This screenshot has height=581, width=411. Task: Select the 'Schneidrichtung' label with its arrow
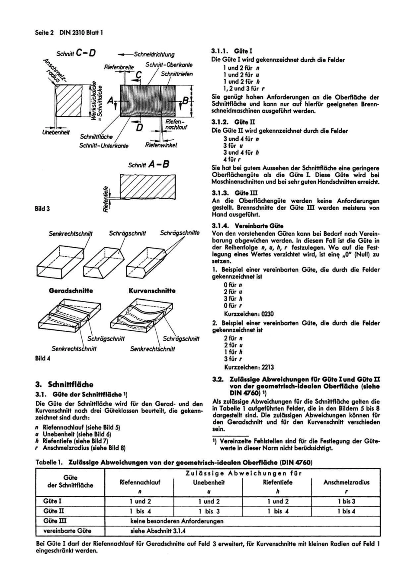(x=150, y=54)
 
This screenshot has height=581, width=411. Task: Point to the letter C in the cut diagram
(x=139, y=74)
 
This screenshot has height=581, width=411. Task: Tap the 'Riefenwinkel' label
(x=161, y=146)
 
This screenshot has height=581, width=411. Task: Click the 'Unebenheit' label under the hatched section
(x=55, y=132)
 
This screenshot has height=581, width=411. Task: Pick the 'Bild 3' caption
(x=42, y=209)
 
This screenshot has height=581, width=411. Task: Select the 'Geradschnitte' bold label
(x=71, y=291)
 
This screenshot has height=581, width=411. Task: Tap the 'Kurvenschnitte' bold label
(x=152, y=291)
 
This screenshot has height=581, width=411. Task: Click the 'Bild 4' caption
(x=42, y=358)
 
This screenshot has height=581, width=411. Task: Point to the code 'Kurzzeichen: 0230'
(x=248, y=314)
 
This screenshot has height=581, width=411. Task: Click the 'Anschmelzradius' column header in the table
(x=346, y=482)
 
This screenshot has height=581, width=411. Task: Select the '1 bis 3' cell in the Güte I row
(x=346, y=501)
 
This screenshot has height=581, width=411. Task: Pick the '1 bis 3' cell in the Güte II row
(x=209, y=511)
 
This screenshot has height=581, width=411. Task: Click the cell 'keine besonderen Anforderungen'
(x=177, y=521)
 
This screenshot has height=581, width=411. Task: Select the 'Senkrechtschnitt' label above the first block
(x=71, y=234)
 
